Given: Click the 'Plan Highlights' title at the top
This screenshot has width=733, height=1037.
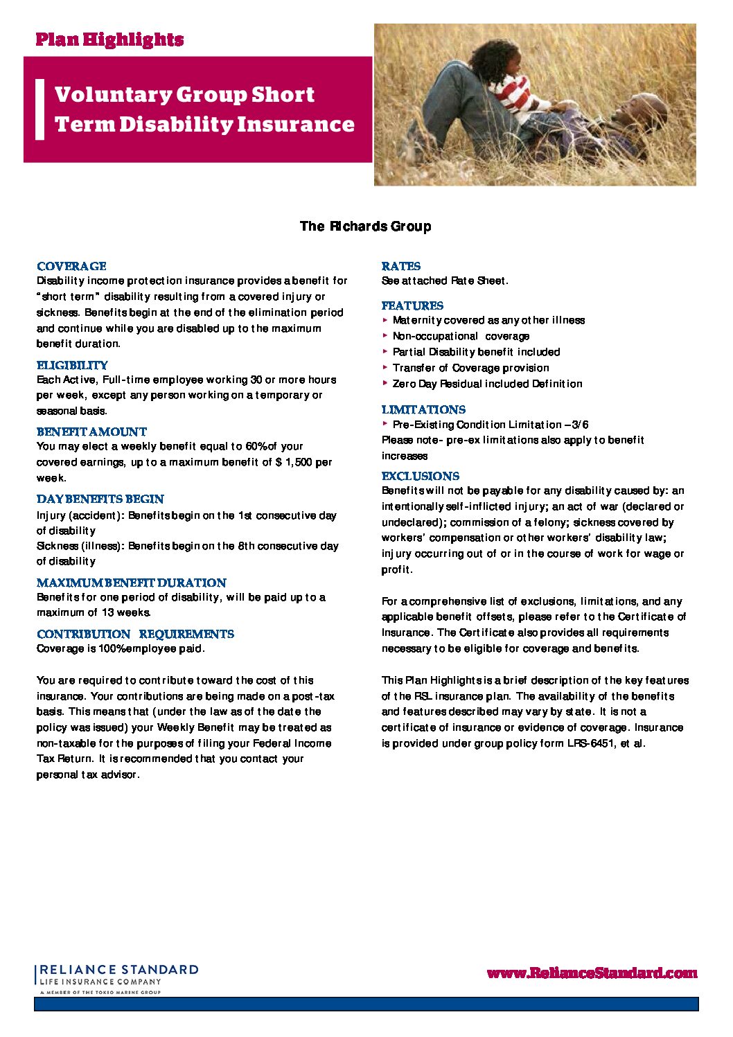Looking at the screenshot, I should (109, 39).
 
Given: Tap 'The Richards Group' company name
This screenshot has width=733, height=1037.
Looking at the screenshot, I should (365, 227).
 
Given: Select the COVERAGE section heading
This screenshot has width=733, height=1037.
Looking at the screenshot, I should (71, 266).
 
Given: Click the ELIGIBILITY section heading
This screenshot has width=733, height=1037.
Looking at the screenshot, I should (72, 365).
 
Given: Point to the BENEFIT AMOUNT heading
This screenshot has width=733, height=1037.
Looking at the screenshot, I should (91, 432).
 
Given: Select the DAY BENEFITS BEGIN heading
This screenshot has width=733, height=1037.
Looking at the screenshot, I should (100, 499).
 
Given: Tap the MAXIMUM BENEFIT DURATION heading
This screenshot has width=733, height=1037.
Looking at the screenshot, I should (131, 583).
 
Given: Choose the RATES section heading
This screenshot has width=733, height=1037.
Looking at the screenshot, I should (400, 266).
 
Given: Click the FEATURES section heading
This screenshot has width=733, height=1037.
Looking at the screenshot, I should (412, 305).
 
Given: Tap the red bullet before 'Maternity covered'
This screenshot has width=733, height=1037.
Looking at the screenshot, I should (385, 320).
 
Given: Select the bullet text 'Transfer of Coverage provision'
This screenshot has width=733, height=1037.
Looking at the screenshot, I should (470, 368).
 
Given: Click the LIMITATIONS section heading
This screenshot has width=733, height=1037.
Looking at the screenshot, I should (423, 409).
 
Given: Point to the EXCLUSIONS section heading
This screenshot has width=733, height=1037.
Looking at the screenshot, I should (420, 476).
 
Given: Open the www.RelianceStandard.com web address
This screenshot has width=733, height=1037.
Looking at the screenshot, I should (592, 973).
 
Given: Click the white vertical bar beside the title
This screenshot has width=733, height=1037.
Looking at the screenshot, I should (39, 109).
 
